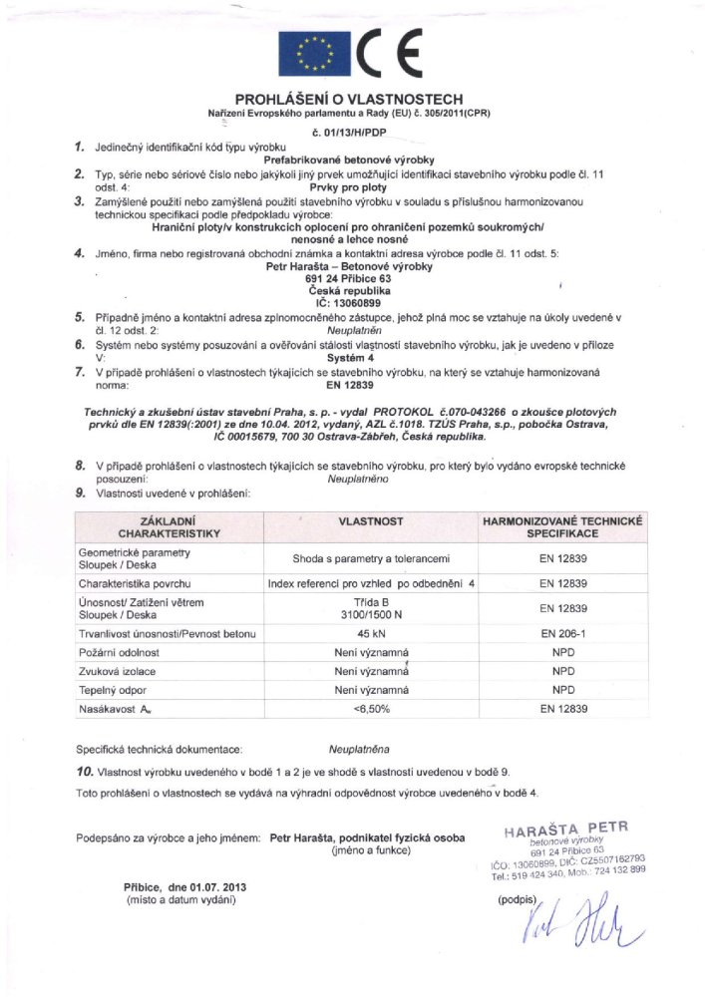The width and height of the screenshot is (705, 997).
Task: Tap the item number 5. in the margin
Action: [x=79, y=317]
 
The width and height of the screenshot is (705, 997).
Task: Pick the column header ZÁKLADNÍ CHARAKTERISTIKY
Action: [x=167, y=527]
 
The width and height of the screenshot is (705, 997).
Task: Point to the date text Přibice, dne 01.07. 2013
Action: [x=185, y=886]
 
